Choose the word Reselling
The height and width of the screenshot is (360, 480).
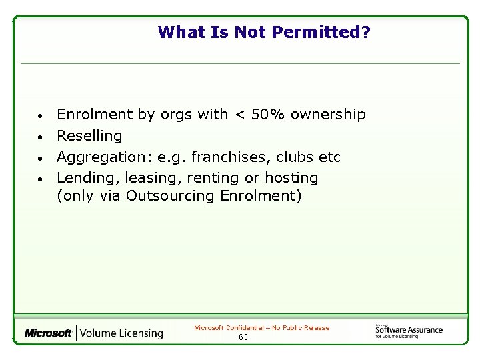89,136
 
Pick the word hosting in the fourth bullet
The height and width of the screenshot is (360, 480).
291,178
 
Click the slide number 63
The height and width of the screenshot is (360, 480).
243,337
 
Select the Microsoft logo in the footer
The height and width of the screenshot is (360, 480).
48,333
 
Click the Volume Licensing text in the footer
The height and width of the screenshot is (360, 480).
122,333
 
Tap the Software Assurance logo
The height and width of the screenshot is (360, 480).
409,330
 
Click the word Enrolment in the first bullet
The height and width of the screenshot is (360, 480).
95,115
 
